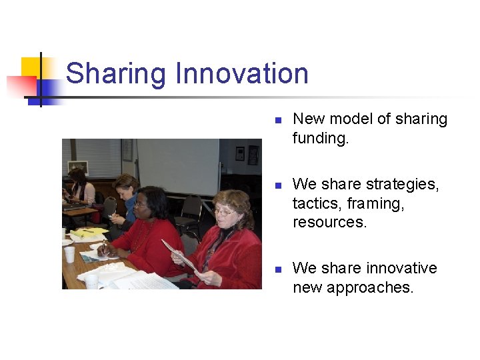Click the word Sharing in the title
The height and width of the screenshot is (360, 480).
pos(115,74)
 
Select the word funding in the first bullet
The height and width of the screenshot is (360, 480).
pos(320,138)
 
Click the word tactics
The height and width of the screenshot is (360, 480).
pos(317,203)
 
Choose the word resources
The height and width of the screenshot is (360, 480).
pos(329,222)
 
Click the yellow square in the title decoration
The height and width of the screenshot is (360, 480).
pos(31,67)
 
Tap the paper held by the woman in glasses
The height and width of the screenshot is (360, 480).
pos(178,255)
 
